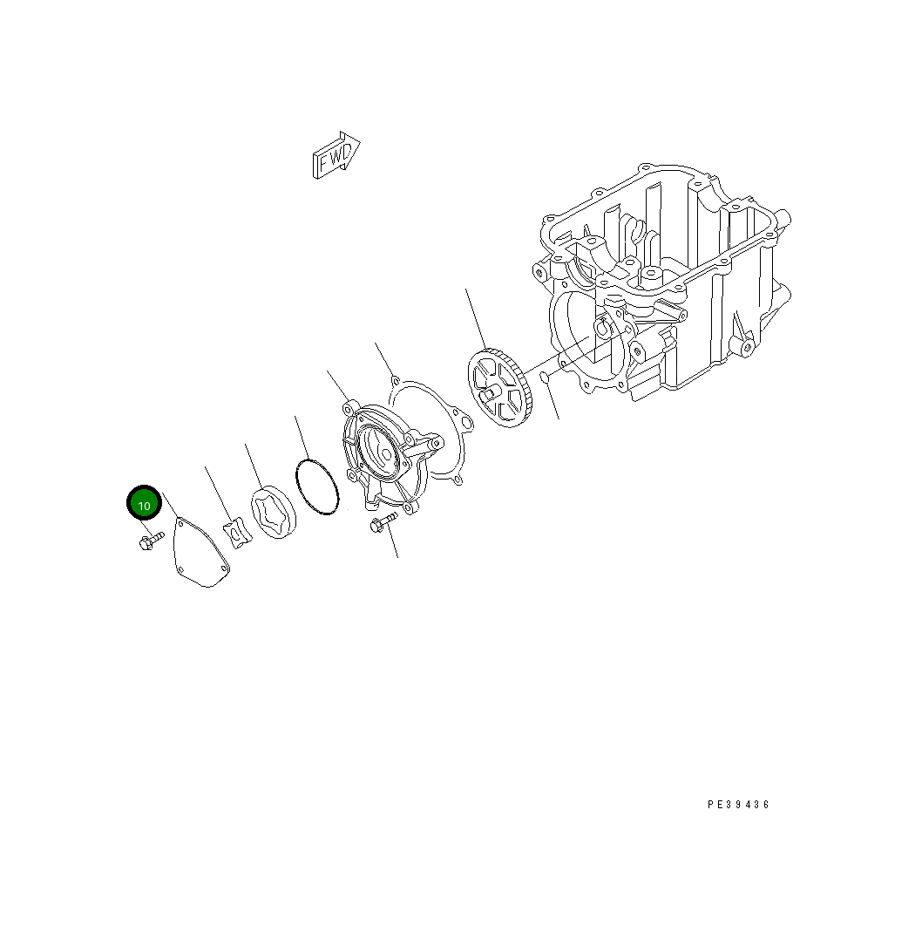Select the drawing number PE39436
tap(738, 805)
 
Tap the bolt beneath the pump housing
tap(382, 523)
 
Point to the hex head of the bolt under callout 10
tap(145, 544)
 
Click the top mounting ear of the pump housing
tap(350, 407)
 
